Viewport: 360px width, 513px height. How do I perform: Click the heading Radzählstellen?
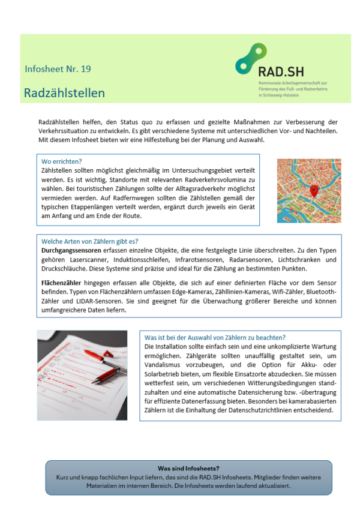(x=64, y=93)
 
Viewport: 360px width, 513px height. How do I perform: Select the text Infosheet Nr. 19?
(x=58, y=69)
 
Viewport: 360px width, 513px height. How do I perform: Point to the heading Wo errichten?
(x=61, y=161)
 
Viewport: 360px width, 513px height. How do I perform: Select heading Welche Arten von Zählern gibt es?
(x=89, y=241)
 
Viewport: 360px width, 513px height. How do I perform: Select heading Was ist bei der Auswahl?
(x=215, y=337)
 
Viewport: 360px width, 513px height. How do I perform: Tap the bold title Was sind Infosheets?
(x=188, y=468)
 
